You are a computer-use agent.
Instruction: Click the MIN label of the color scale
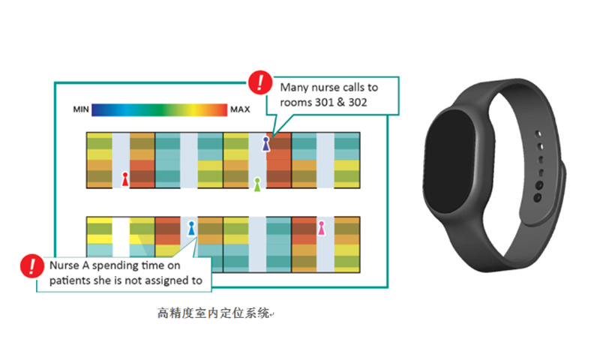82,109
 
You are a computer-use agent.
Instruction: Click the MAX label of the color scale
240,109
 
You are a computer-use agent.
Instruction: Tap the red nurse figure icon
124,179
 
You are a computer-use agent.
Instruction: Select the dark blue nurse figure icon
265,143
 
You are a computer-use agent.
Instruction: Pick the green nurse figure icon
256,184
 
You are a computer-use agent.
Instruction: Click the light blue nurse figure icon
191,228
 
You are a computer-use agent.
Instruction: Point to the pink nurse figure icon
321,227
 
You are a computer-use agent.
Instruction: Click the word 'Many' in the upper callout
292,86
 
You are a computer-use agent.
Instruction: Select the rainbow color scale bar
160,109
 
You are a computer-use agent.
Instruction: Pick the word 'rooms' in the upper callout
295,102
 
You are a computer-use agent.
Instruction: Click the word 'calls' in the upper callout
352,86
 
